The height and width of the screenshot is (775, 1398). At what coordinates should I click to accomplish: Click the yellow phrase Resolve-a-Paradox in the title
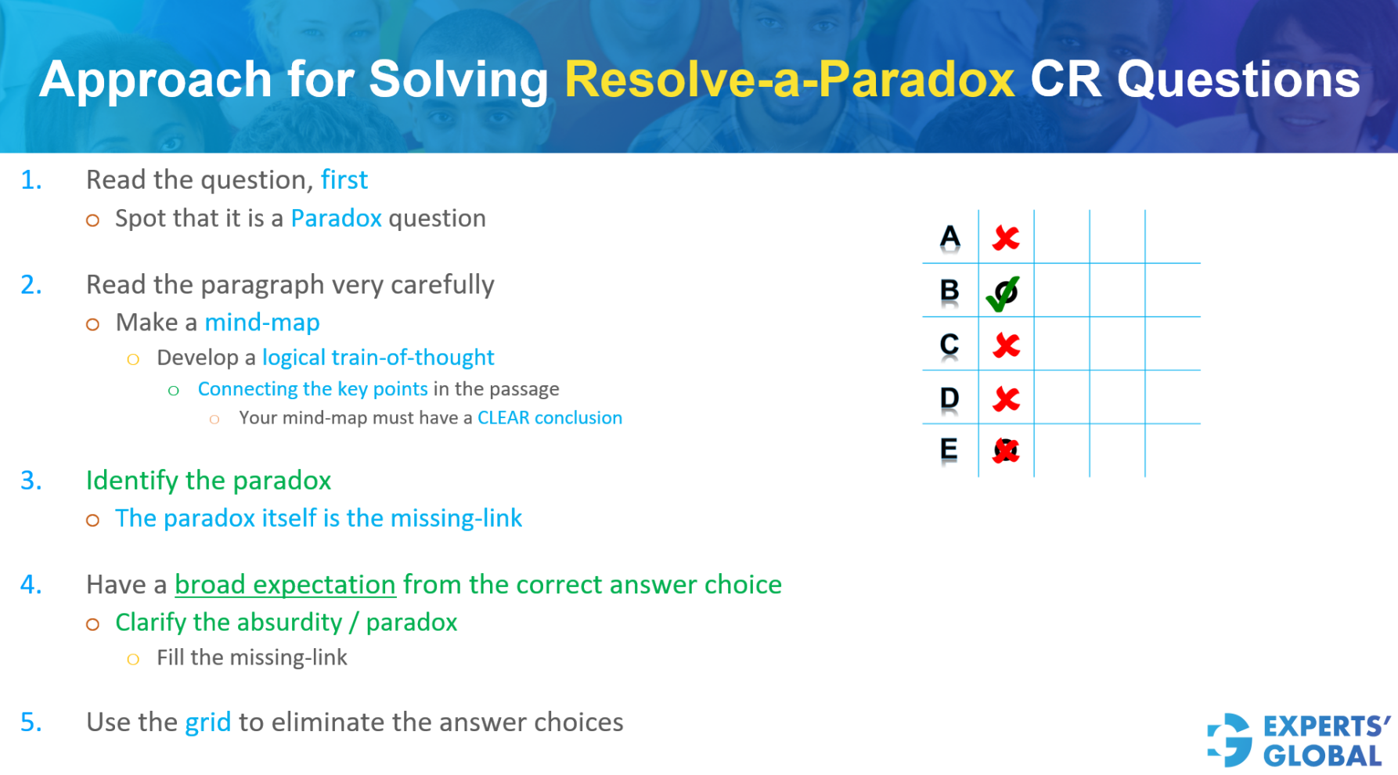789,80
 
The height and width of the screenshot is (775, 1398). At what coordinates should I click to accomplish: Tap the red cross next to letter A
1006,238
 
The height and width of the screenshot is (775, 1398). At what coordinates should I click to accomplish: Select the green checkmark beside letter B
1003,293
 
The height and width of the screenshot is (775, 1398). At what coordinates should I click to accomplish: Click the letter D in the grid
949,398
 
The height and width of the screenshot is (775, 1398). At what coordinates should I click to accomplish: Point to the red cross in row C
1006,345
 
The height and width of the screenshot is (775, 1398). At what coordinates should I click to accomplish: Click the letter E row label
949,450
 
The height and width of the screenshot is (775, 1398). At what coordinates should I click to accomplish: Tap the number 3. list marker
31,481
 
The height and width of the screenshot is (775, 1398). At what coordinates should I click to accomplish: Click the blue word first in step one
344,180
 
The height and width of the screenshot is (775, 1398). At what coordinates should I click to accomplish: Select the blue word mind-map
262,323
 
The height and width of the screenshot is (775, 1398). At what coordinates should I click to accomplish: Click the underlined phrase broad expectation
285,585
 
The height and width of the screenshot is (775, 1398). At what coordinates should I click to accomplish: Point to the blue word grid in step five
207,723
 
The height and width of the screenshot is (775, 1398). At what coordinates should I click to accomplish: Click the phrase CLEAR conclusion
549,418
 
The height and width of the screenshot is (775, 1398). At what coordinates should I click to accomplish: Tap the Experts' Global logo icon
1230,740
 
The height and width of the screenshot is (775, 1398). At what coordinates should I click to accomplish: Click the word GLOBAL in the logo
1323,756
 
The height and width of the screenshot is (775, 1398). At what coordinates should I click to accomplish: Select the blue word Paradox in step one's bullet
336,218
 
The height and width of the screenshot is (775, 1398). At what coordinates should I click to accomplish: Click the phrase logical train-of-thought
378,358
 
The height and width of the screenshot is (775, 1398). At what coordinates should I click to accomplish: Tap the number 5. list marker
31,723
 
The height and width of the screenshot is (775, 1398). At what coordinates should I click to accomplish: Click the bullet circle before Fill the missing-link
133,659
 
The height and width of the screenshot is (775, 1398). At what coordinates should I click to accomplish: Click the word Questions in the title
1238,80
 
